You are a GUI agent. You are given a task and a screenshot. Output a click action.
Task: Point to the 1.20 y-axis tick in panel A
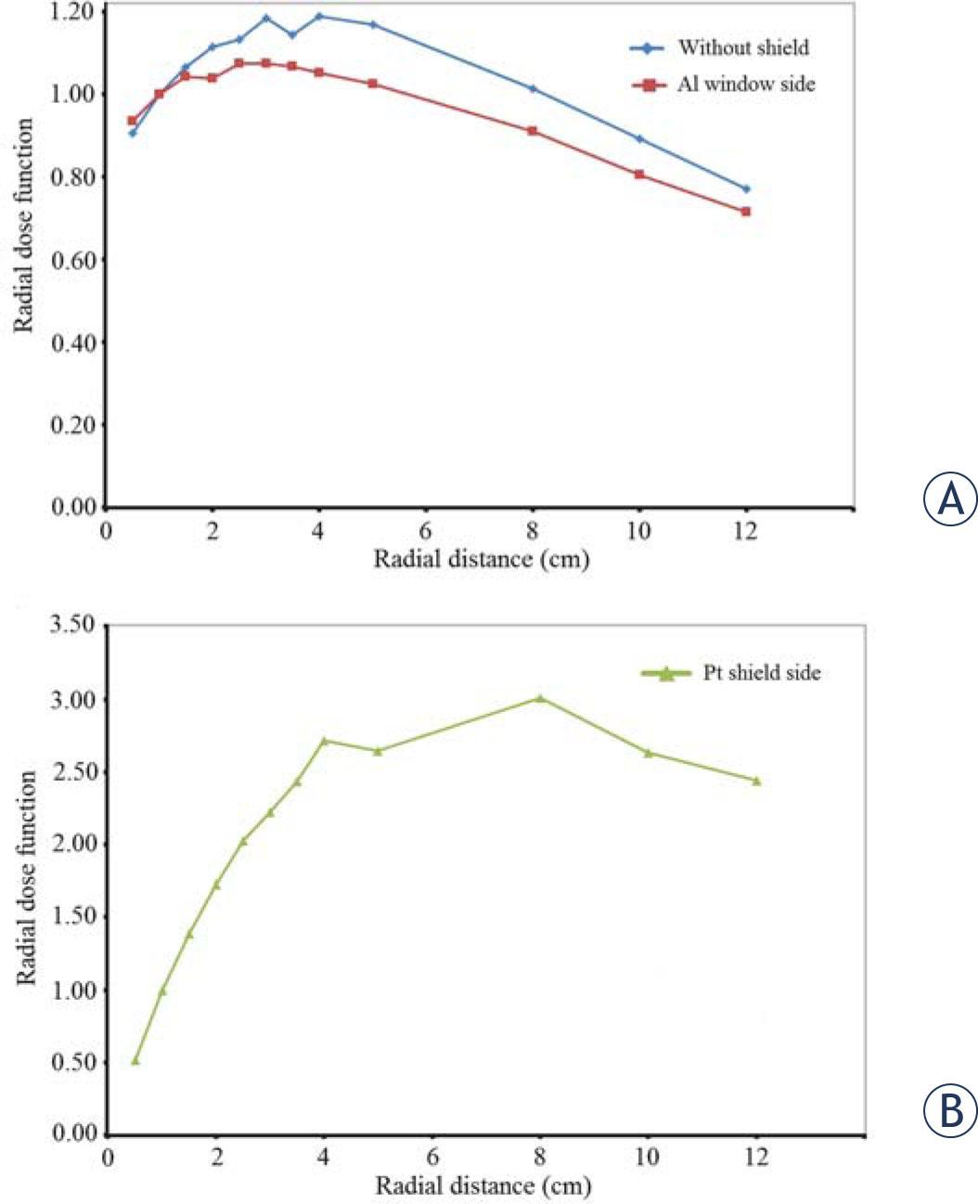coord(72,11)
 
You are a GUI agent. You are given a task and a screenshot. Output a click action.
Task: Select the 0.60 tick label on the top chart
coord(72,260)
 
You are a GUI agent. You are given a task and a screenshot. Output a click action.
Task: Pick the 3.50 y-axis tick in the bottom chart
coord(72,625)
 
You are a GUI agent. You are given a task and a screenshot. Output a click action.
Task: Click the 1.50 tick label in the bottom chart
coord(72,917)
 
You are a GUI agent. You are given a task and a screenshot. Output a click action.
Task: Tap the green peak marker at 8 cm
coord(540,698)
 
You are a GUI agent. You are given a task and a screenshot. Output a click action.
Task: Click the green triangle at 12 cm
coord(756,781)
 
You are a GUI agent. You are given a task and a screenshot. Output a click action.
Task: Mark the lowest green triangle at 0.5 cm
coord(135,1060)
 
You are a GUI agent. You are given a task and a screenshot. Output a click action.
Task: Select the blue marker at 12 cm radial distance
coord(745,188)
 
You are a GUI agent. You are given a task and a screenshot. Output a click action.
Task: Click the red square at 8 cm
coord(533,131)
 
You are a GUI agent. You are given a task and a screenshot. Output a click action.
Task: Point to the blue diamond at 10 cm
coord(639,138)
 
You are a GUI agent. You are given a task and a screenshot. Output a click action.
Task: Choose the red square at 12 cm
coord(745,212)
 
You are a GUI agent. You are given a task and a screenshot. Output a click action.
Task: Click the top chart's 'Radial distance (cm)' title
coord(481,559)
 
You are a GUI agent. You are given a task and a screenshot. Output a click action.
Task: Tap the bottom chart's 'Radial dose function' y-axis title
coord(28,877)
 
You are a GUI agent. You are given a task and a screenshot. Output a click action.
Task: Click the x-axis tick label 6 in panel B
coord(431,1158)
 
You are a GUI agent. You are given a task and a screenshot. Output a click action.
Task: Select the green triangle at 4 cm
coord(325,741)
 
